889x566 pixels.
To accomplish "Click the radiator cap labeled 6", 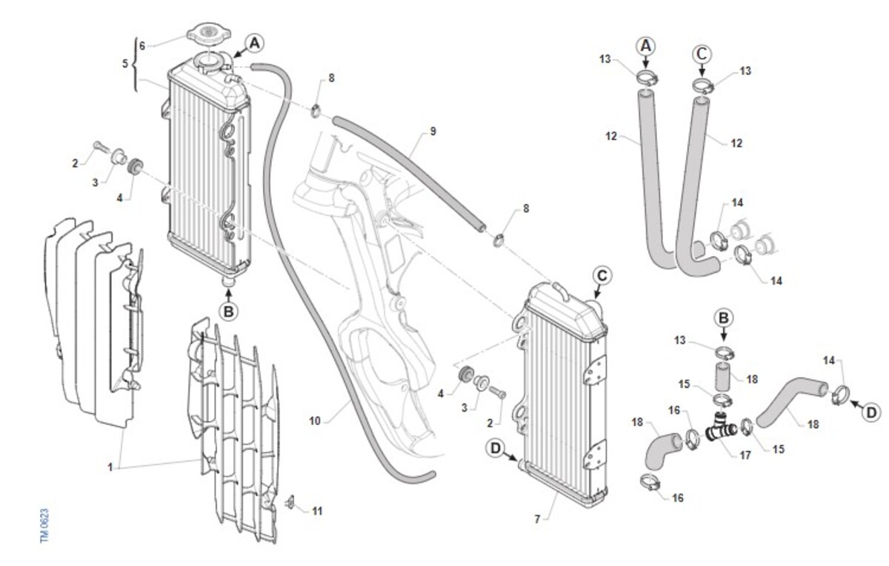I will [x=210, y=34].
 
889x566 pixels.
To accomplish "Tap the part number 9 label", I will [x=433, y=131].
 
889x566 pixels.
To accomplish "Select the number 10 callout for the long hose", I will [x=315, y=421].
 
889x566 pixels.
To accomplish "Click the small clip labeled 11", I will [x=291, y=504].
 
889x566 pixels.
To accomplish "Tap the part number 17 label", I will [x=745, y=455].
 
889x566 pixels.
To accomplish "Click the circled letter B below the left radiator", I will [x=229, y=312].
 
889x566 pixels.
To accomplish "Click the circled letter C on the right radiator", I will [x=602, y=276].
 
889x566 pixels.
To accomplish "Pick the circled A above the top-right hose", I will [x=646, y=45].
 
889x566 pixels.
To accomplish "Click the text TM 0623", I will [x=45, y=526].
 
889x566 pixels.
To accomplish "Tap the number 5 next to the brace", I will [x=125, y=64].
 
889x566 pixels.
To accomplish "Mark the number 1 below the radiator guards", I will [x=110, y=467].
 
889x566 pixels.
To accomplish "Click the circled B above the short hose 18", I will [x=725, y=317].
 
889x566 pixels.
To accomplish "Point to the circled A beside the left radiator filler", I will [x=254, y=44].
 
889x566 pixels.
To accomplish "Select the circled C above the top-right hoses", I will [x=702, y=53].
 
